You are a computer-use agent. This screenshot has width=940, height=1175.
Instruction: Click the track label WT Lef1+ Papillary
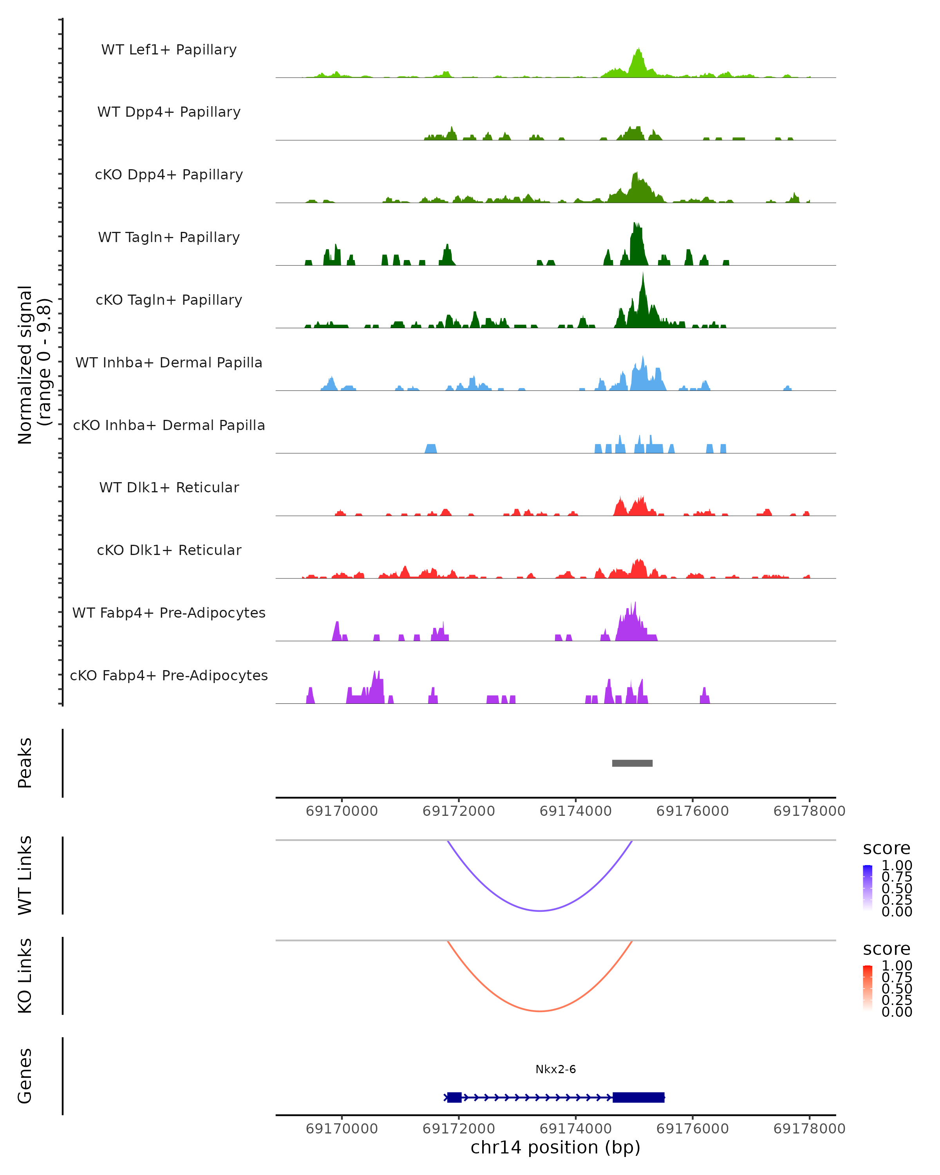169,50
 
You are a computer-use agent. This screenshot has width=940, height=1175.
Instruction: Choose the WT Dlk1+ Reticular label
169,487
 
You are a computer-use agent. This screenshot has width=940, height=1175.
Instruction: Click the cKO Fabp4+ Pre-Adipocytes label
169,675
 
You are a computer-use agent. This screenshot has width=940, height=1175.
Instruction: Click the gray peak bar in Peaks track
632,763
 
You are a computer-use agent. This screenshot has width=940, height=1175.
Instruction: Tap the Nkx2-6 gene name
555,1069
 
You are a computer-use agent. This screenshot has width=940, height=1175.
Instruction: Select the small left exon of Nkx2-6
454,1097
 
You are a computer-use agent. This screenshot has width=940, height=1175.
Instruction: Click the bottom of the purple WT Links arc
539,910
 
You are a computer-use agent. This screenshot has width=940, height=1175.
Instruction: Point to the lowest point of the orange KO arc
539,1011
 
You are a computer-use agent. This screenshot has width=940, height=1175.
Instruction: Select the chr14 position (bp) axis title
555,1148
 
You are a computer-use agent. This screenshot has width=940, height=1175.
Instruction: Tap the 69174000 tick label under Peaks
575,811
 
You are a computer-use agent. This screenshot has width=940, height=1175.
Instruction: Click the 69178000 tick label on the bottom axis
809,1129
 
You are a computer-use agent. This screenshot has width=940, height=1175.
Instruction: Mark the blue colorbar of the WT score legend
868,887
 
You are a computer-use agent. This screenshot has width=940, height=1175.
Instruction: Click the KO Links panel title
25,976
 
